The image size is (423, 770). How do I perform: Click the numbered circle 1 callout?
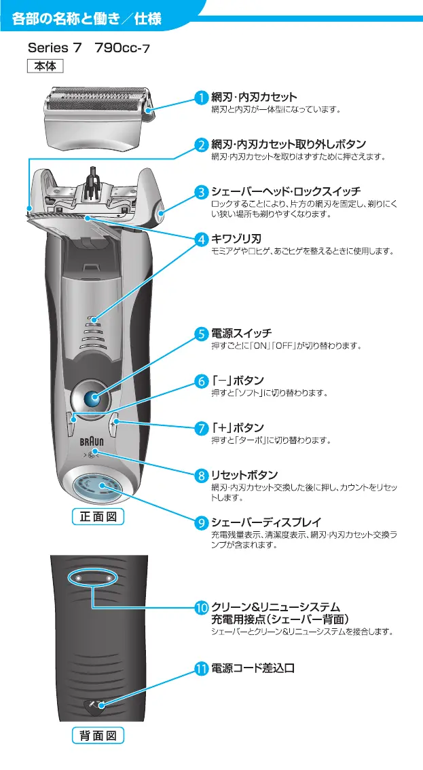[202, 98]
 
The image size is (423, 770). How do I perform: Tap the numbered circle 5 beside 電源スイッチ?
[202, 333]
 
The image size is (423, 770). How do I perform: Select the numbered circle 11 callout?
[202, 668]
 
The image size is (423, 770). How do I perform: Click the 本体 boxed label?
[45, 66]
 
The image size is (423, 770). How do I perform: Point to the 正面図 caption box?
[98, 517]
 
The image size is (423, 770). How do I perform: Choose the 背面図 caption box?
[98, 735]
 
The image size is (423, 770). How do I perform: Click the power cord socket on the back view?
[94, 706]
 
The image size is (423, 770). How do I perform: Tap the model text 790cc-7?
[123, 48]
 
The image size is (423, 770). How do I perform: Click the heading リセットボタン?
[244, 474]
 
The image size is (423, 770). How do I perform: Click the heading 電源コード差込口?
[253, 668]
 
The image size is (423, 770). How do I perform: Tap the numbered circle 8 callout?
[202, 474]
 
